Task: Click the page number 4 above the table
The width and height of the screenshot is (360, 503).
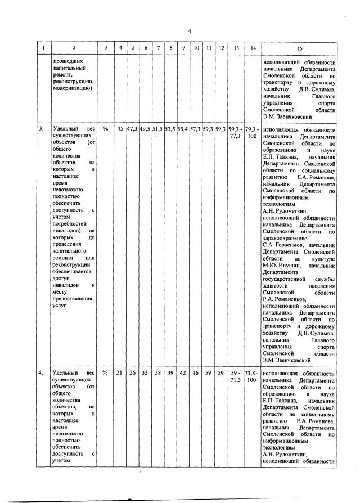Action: click(x=190, y=30)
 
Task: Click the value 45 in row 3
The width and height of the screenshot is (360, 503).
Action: click(x=120, y=129)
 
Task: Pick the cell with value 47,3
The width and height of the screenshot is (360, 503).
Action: click(x=132, y=129)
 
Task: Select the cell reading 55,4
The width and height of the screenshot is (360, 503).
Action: click(x=182, y=129)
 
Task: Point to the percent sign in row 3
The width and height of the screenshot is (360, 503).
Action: click(x=105, y=129)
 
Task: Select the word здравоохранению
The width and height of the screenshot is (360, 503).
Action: click(x=286, y=237)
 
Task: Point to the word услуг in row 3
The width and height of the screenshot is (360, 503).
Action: click(x=58, y=307)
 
